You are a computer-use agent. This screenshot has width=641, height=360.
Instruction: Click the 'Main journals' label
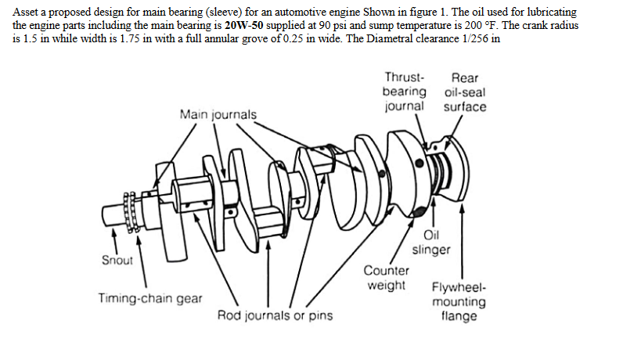[218, 115]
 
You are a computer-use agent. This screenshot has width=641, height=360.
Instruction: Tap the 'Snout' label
[117, 260]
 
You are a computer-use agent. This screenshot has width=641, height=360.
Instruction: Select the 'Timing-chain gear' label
[149, 298]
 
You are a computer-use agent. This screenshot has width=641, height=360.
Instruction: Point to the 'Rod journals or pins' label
[275, 316]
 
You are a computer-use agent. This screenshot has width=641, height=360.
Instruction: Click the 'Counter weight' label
[387, 278]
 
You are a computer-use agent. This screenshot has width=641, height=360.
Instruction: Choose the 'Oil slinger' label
[431, 243]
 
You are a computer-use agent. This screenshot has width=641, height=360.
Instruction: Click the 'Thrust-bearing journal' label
[405, 92]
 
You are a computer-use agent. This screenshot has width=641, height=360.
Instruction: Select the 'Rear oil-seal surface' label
[465, 92]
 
